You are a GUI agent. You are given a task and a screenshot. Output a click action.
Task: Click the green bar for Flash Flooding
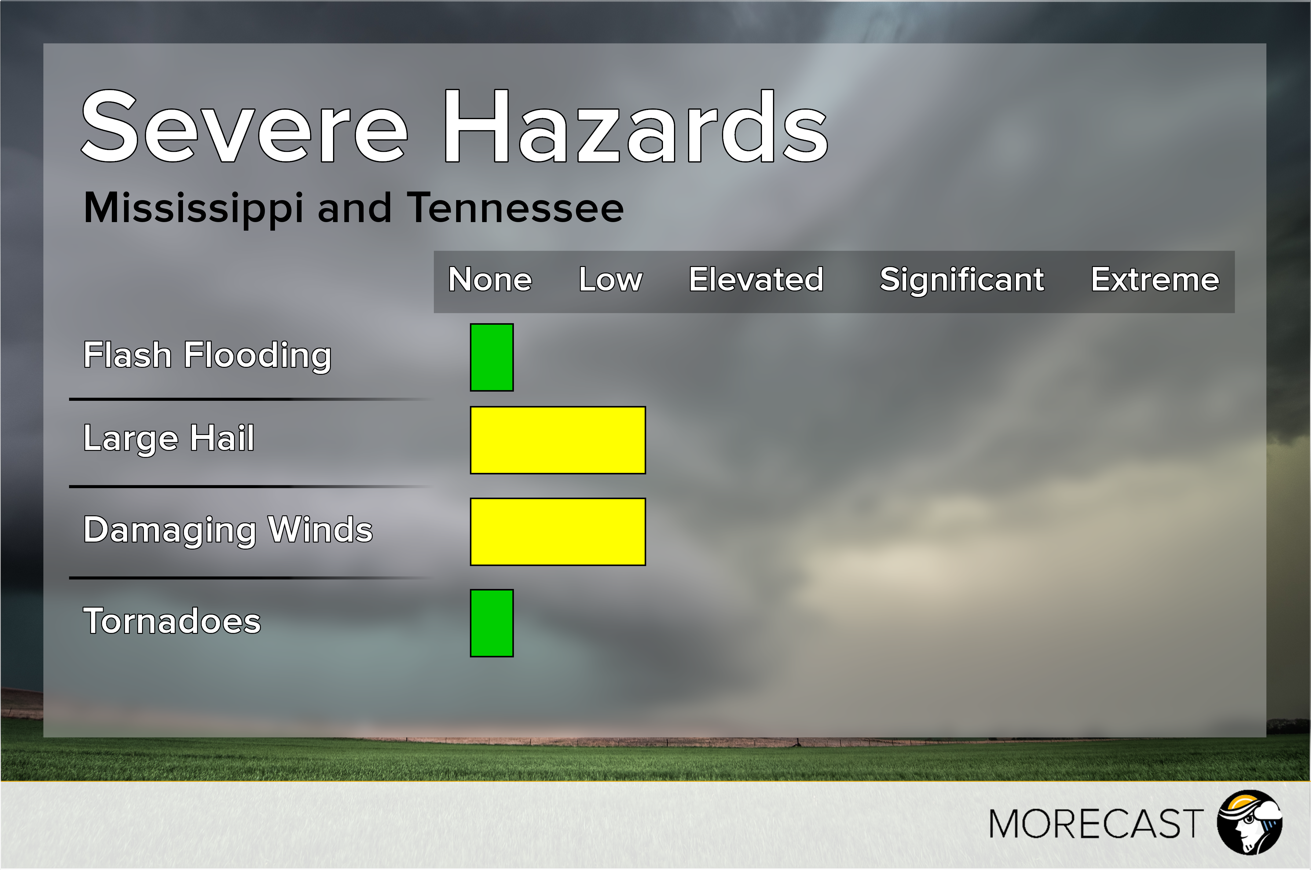492,357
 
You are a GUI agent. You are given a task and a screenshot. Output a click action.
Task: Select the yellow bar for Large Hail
558,440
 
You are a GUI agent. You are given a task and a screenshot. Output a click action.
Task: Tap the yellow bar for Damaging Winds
558,532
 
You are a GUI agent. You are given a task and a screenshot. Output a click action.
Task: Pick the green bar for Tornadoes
492,623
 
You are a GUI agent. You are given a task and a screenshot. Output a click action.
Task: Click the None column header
490,279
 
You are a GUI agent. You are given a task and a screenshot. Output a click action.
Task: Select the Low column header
610,279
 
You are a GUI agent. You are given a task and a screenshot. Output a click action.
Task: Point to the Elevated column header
756,279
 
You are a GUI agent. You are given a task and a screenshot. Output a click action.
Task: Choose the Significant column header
961,280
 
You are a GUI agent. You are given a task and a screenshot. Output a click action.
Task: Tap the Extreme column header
1155,279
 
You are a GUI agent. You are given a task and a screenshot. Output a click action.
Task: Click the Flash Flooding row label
207,356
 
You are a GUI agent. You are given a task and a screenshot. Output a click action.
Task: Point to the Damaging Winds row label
228,530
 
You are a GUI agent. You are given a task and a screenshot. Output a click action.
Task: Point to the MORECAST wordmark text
1096,824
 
